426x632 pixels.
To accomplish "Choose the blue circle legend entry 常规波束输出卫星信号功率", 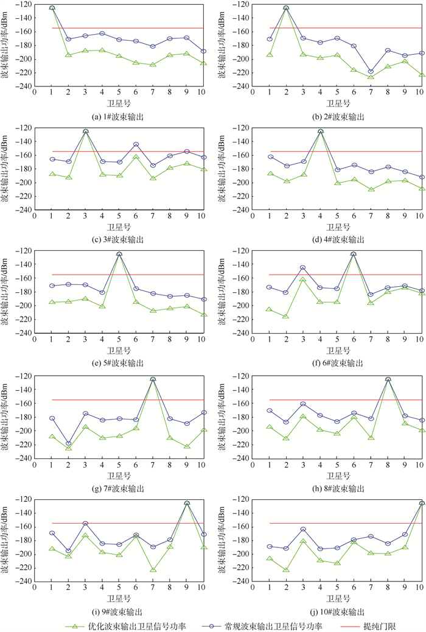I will (x=266, y=625).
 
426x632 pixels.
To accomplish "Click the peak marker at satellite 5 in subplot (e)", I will (x=119, y=254).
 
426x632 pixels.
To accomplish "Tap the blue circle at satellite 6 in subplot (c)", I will (x=136, y=144).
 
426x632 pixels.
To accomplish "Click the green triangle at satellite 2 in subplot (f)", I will (x=286, y=317).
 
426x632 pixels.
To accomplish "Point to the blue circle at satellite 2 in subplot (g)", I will (x=68, y=443).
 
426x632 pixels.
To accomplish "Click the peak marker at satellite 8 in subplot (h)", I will (x=388, y=379).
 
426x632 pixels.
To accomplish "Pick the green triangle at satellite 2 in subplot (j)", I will (x=286, y=570).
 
